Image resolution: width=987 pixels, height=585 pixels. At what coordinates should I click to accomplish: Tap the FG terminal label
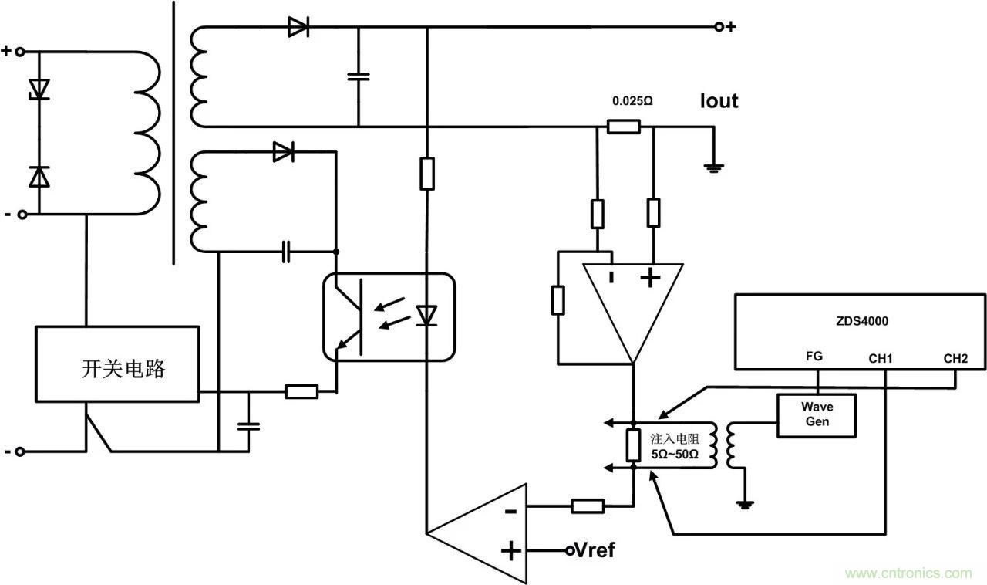[814, 357]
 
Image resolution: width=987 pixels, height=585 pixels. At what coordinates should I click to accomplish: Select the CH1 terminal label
[880, 358]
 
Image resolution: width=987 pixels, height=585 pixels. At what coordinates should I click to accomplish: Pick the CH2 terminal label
[955, 358]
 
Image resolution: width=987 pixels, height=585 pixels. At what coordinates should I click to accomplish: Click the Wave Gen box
[817, 415]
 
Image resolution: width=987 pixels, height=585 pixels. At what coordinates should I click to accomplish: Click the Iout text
[719, 101]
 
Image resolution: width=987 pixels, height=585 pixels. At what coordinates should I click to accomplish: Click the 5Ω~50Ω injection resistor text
[674, 455]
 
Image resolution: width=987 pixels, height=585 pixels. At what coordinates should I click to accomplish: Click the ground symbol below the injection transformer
[743, 504]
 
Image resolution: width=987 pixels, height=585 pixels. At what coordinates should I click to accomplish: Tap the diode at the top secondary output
[298, 28]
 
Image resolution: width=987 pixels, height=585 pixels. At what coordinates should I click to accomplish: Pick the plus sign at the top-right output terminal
[730, 27]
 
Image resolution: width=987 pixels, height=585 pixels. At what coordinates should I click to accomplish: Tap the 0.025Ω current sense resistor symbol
[623, 127]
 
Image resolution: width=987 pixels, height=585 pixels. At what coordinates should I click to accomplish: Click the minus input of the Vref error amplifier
[510, 510]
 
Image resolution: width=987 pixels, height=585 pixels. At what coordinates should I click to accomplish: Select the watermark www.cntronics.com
[908, 573]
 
